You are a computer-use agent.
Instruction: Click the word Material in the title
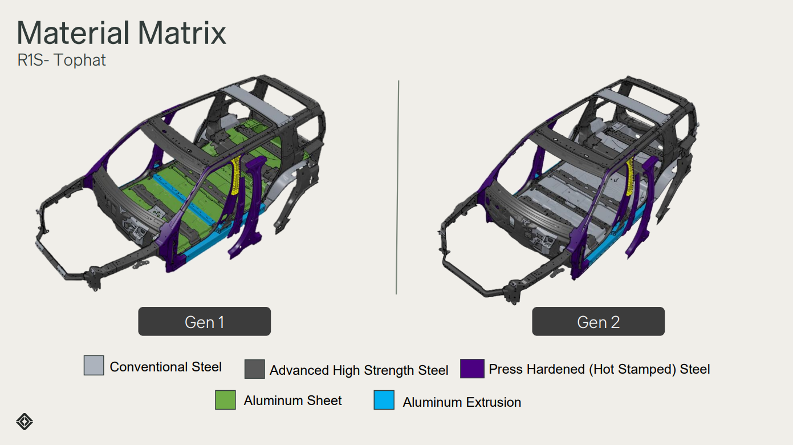[74, 33]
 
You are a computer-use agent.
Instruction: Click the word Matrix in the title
[182, 33]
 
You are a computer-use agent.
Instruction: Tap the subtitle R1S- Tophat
[61, 60]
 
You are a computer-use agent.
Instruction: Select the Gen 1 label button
[204, 321]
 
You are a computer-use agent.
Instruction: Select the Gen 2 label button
[598, 321]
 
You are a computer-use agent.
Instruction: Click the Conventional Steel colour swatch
[94, 365]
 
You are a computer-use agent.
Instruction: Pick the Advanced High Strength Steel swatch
[254, 369]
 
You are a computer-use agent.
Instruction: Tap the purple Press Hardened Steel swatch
[472, 369]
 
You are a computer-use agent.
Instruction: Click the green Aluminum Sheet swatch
[225, 400]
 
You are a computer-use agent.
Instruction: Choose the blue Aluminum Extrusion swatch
[384, 400]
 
